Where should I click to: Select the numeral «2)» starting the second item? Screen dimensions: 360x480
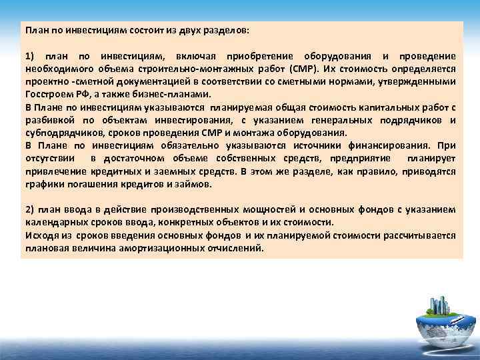click(x=30, y=209)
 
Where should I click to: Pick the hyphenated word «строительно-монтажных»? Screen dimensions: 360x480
click(x=176, y=69)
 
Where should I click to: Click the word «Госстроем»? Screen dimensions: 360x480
click(x=48, y=94)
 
